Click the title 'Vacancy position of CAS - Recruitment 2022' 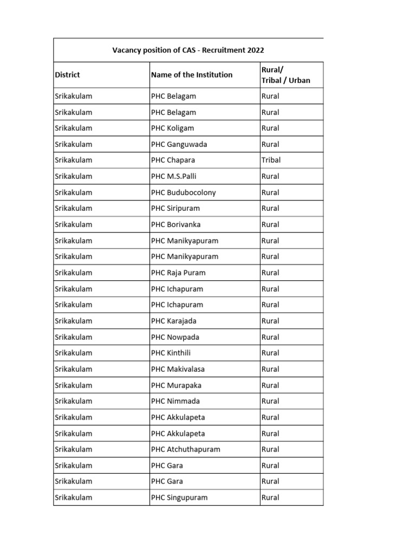[x=188, y=50]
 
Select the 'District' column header [x=68, y=75]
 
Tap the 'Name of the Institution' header [x=192, y=75]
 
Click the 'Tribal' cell [x=271, y=160]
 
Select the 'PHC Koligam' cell [x=172, y=128]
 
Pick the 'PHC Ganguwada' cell [x=179, y=145]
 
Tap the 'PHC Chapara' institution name [x=173, y=160]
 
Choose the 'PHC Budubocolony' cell [x=183, y=192]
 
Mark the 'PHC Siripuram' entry [x=176, y=209]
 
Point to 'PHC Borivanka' [x=177, y=224]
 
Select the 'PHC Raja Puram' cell [x=178, y=273]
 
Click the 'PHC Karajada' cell [x=174, y=321]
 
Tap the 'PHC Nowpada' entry [x=175, y=337]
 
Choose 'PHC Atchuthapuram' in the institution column [x=186, y=449]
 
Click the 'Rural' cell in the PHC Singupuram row [x=270, y=498]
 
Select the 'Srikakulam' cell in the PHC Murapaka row [x=74, y=385]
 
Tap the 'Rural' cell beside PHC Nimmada [x=270, y=401]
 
